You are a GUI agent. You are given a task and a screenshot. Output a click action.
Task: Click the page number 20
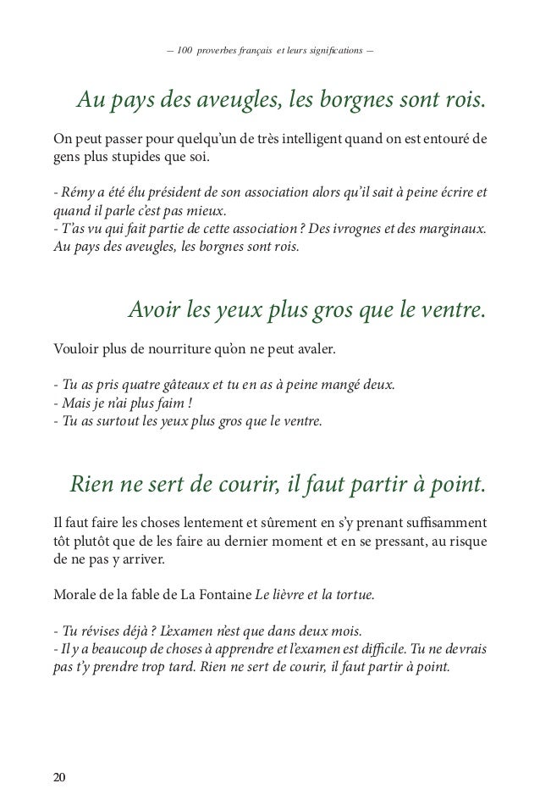point(58,779)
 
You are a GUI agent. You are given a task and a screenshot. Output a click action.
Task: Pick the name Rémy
point(75,192)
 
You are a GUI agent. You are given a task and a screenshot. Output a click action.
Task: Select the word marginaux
point(450,230)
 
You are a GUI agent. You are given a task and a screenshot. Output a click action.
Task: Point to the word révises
point(93,630)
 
